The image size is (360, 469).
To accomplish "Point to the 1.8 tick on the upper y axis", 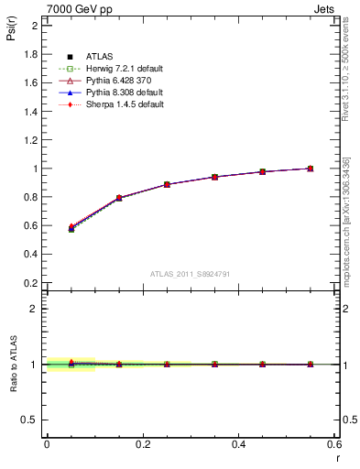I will tap(31, 53).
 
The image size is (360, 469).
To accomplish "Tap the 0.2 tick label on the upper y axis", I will tap(31, 283).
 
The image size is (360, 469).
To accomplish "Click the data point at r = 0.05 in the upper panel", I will tap(71, 228).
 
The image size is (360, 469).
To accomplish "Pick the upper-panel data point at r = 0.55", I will tap(311, 169).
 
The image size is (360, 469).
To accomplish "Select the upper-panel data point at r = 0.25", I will tap(167, 184).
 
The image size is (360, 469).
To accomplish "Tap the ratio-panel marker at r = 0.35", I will tap(214, 364).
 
